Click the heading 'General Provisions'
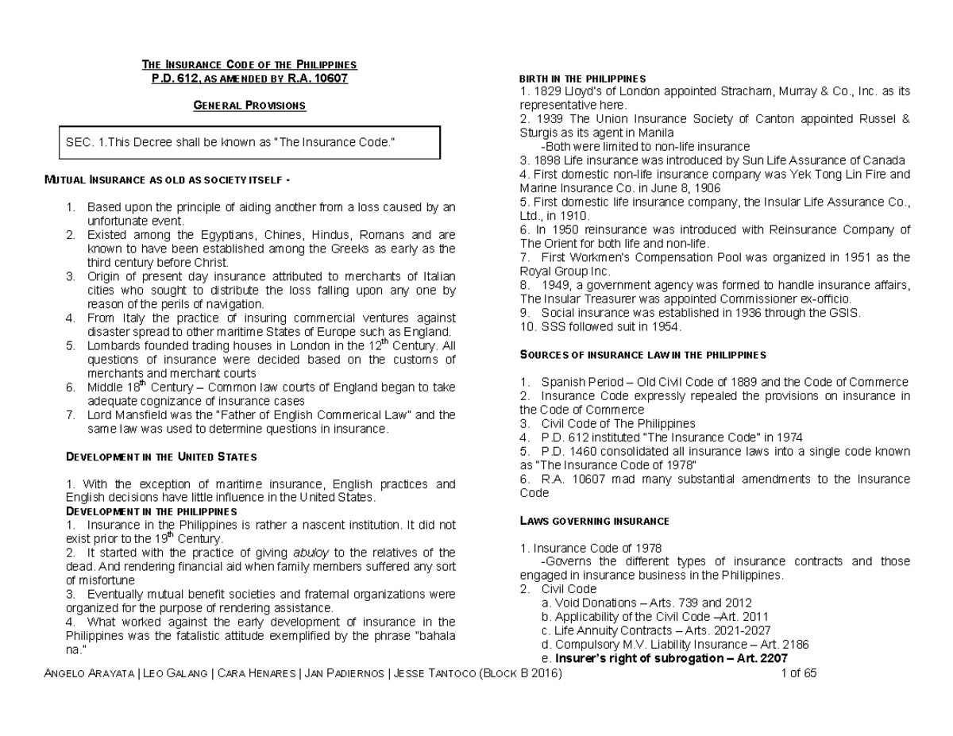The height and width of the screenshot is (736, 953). click(249, 106)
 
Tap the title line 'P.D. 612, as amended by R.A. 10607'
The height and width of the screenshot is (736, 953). click(249, 79)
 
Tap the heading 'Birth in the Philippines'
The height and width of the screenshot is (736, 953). click(582, 79)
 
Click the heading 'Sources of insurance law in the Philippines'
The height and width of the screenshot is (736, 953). click(642, 354)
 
